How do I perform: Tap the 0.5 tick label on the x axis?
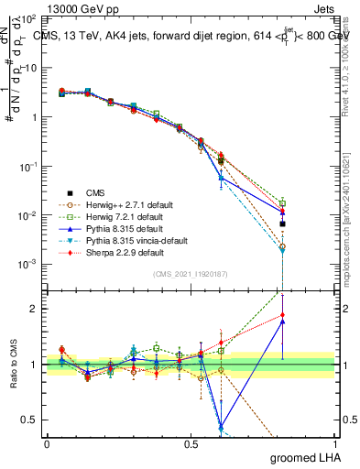tap(191, 443)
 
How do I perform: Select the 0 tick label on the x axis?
tap(47, 443)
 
